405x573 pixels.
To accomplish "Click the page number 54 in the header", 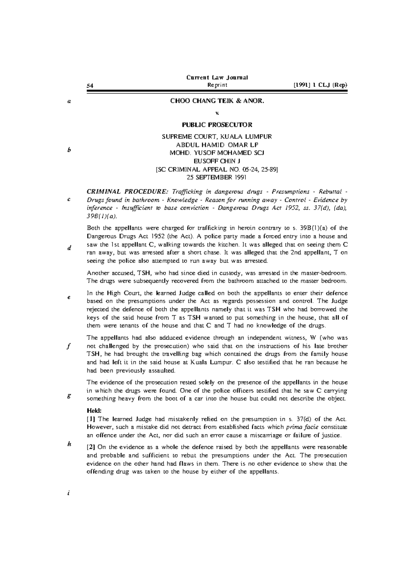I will coord(90,85).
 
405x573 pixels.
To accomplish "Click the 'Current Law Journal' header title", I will coord(217,77).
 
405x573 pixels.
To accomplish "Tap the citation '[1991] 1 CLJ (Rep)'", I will coord(320,85).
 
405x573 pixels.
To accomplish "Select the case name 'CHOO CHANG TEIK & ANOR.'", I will coord(217,101).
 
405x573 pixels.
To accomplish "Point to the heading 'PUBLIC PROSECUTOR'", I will coord(217,125).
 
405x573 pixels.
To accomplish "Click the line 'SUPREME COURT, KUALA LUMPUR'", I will coord(217,137).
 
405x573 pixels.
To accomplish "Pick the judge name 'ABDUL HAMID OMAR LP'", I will coord(217,145).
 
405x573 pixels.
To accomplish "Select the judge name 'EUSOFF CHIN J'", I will coord(217,161).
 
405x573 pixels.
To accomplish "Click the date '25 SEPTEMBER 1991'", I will coord(217,177).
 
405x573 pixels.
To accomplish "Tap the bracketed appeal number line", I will coord(217,169).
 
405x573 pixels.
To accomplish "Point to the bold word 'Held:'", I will coord(94,411).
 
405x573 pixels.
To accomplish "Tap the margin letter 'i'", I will coord(68,493).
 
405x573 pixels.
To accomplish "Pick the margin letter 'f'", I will coord(69,346).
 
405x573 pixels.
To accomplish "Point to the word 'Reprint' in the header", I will coord(217,85).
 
